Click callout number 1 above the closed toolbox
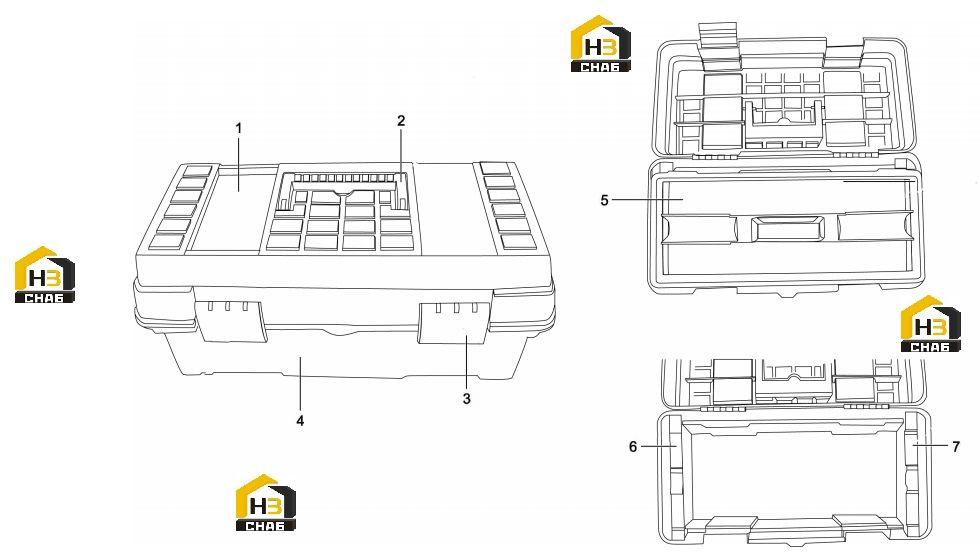point(238,128)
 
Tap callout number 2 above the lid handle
point(401,121)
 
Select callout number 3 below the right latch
point(466,398)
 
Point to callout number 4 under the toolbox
point(300,421)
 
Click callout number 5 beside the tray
point(604,200)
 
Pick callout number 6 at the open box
point(633,446)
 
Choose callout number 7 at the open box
point(956,446)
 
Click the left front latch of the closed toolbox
point(231,321)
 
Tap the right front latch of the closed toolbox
point(454,324)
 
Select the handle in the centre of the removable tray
point(787,229)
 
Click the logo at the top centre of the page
point(601,44)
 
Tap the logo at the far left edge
point(44,275)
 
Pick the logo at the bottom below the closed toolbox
point(266,503)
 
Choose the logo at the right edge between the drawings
point(930,324)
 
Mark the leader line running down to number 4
point(300,385)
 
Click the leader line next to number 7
point(931,445)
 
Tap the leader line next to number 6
point(659,446)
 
